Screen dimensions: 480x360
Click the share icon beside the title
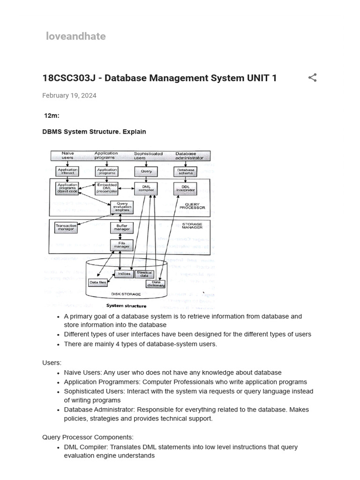[x=313, y=78]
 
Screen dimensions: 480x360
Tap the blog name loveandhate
[x=76, y=37]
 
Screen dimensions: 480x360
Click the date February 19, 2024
[x=69, y=96]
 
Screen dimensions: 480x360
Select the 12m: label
[x=52, y=116]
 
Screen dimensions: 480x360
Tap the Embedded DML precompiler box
[x=106, y=188]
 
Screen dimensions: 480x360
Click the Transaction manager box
[x=66, y=228]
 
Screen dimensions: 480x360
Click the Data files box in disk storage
[x=97, y=283]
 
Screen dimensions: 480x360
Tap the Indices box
[x=124, y=274]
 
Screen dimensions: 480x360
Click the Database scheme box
[x=186, y=171]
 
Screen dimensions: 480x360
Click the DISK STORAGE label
[x=124, y=294]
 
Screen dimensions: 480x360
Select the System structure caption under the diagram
[x=126, y=306]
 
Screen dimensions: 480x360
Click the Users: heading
[x=52, y=363]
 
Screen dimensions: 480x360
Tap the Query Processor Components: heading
[x=88, y=437]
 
